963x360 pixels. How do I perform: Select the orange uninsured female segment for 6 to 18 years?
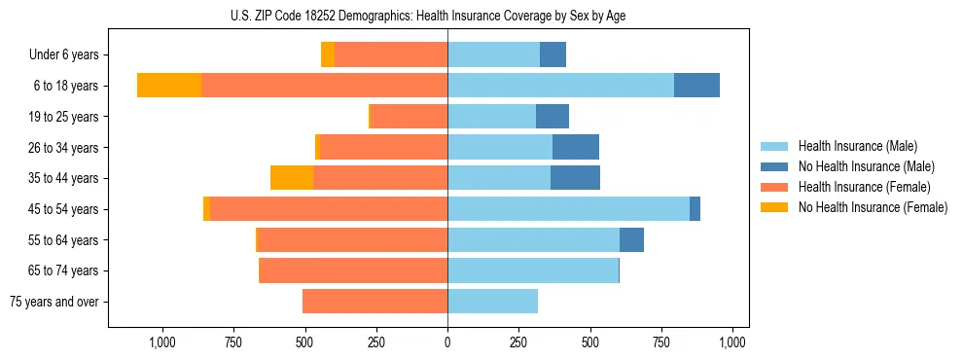tap(169, 86)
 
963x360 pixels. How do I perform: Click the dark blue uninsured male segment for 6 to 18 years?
tap(696, 86)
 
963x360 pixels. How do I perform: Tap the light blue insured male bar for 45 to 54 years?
tap(568, 209)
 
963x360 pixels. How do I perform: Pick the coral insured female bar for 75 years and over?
tap(374, 302)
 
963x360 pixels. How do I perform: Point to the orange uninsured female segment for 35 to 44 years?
tap(292, 178)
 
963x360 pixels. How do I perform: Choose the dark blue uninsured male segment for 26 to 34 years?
tap(576, 147)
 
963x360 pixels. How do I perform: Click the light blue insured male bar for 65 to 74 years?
tap(533, 270)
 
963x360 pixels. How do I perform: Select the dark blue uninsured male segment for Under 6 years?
tap(553, 54)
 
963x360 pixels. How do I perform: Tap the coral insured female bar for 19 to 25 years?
tap(409, 117)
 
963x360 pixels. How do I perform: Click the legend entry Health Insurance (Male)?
tap(857, 146)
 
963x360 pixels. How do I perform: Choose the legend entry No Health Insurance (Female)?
tap(872, 207)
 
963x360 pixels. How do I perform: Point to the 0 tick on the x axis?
tap(447, 342)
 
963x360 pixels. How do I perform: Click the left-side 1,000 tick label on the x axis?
tap(161, 342)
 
